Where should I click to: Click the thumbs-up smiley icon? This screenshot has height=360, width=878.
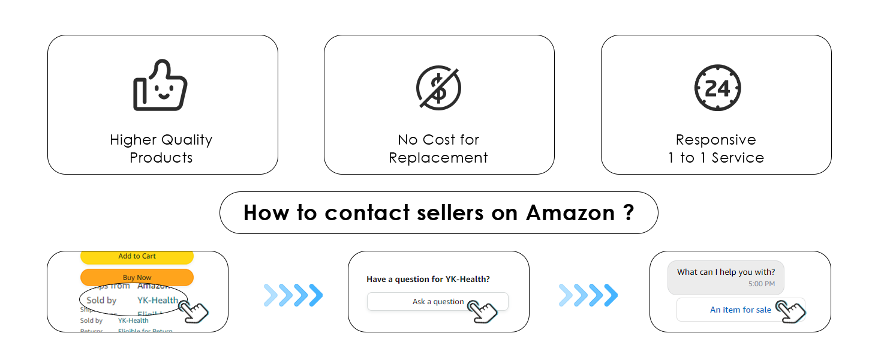[160, 86]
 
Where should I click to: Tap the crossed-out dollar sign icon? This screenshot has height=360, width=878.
[438, 88]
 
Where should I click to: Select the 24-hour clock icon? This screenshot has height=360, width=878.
[717, 88]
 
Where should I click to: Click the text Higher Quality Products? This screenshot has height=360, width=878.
[161, 149]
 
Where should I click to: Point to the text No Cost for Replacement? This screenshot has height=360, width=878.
[438, 149]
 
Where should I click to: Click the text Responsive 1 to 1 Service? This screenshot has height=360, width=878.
[716, 149]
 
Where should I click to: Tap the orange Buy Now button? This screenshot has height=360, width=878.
[137, 277]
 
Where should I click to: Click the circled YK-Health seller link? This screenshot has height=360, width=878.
[157, 300]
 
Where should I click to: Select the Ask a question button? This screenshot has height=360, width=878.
[437, 301]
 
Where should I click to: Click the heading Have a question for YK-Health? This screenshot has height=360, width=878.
[428, 279]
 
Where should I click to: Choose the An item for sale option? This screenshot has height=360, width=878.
[740, 310]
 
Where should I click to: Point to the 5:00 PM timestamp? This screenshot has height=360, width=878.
[761, 284]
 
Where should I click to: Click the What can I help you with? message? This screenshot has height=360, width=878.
[726, 272]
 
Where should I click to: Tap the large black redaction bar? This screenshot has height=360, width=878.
[438, 212]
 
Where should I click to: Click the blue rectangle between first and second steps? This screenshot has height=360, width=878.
[293, 295]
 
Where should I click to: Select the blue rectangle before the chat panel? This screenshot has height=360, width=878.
[588, 295]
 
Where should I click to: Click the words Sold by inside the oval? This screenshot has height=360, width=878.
[101, 300]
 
